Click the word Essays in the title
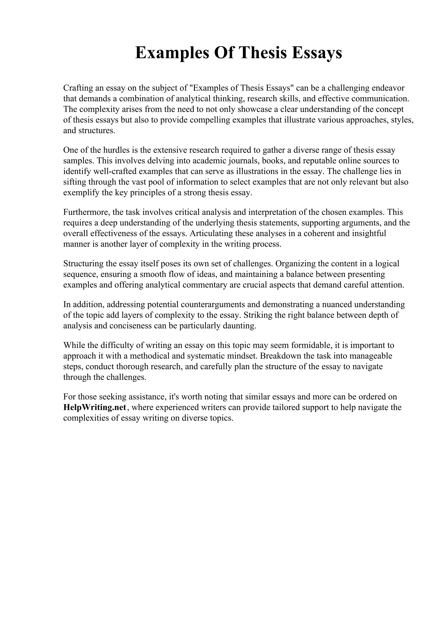click(x=317, y=53)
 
